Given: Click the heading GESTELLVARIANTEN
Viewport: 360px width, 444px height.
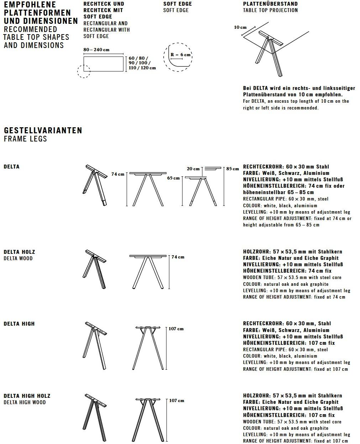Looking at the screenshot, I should click(x=43, y=130).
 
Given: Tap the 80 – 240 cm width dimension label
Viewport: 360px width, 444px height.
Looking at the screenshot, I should click(x=96, y=50).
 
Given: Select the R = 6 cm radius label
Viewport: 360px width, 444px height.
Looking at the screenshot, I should click(x=180, y=55).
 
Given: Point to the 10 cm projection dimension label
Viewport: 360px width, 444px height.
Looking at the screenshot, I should click(x=240, y=27).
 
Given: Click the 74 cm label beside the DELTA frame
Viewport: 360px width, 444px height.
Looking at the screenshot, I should click(x=118, y=174).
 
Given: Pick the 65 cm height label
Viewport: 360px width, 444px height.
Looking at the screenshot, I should click(x=174, y=178).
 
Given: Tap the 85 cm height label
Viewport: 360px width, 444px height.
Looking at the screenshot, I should click(x=233, y=169).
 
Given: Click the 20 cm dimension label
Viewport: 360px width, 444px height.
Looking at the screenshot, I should click(x=193, y=169).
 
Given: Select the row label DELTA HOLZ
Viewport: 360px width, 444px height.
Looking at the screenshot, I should click(x=19, y=252).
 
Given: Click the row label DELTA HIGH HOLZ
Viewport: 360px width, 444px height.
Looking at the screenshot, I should click(x=27, y=396).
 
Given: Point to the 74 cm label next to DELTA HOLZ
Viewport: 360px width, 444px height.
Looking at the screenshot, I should click(x=178, y=257).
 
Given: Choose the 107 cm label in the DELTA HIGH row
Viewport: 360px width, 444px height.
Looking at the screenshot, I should click(x=176, y=329).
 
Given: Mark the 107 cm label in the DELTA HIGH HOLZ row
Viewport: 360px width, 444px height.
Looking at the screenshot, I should click(x=176, y=401).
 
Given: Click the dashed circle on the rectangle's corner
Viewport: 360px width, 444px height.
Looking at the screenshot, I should click(x=84, y=71).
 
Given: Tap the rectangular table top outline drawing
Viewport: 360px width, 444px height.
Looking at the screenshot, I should click(x=104, y=64).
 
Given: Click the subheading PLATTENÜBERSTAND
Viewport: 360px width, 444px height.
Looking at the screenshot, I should click(x=270, y=4).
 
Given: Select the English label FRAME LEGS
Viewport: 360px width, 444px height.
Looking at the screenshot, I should click(x=25, y=139).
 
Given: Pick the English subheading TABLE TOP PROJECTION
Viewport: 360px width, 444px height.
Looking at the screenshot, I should click(x=270, y=10).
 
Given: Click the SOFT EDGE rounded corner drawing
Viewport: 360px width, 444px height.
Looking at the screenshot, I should click(x=178, y=58).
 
